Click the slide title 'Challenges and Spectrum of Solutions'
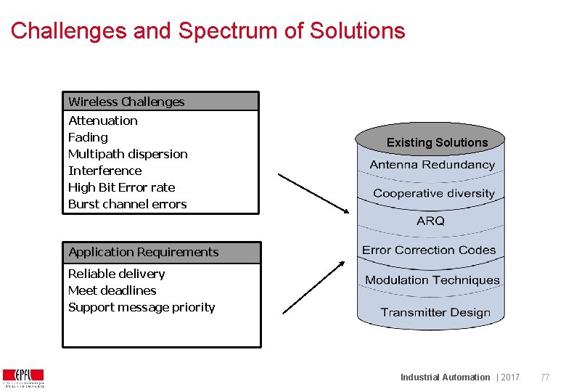click(x=208, y=31)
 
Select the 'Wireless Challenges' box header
click(x=126, y=102)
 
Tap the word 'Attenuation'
click(x=102, y=121)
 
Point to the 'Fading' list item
click(x=88, y=137)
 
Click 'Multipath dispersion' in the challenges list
click(x=128, y=154)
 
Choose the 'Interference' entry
click(x=104, y=171)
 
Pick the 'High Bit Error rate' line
click(x=121, y=187)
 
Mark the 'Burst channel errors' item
click(x=127, y=204)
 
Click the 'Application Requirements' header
click(x=143, y=252)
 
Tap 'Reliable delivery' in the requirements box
click(x=116, y=274)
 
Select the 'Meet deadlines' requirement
click(x=112, y=290)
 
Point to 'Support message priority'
click(x=141, y=307)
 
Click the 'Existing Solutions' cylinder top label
click(x=437, y=142)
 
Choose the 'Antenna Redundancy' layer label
click(x=432, y=165)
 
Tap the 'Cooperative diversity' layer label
click(x=433, y=193)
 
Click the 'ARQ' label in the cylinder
click(x=430, y=221)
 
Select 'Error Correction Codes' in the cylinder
click(x=429, y=250)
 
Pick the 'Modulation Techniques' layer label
click(x=432, y=280)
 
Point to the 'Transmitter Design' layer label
click(x=435, y=313)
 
